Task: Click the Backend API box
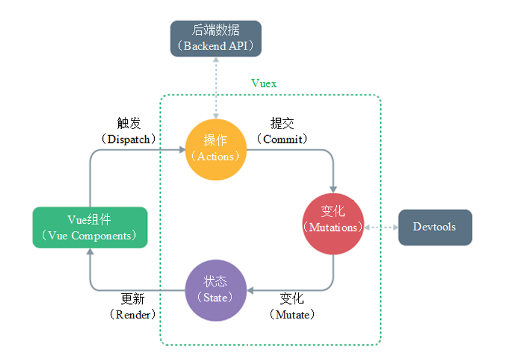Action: click(216, 39)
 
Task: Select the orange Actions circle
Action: click(216, 149)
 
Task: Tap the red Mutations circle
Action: click(333, 220)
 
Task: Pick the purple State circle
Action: click(215, 290)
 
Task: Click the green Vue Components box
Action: click(90, 227)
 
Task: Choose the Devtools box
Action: click(435, 227)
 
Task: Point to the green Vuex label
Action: click(263, 83)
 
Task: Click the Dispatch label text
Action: click(129, 139)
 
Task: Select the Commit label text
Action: click(283, 139)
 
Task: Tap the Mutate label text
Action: click(292, 314)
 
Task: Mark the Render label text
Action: click(133, 314)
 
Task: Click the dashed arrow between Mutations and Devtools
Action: click(381, 227)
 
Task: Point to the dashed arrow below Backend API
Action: click(216, 87)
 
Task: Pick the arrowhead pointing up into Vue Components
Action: click(90, 252)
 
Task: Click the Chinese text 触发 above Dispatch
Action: click(129, 124)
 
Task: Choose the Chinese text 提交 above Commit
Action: click(283, 124)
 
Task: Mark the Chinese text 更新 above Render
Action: click(133, 299)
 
